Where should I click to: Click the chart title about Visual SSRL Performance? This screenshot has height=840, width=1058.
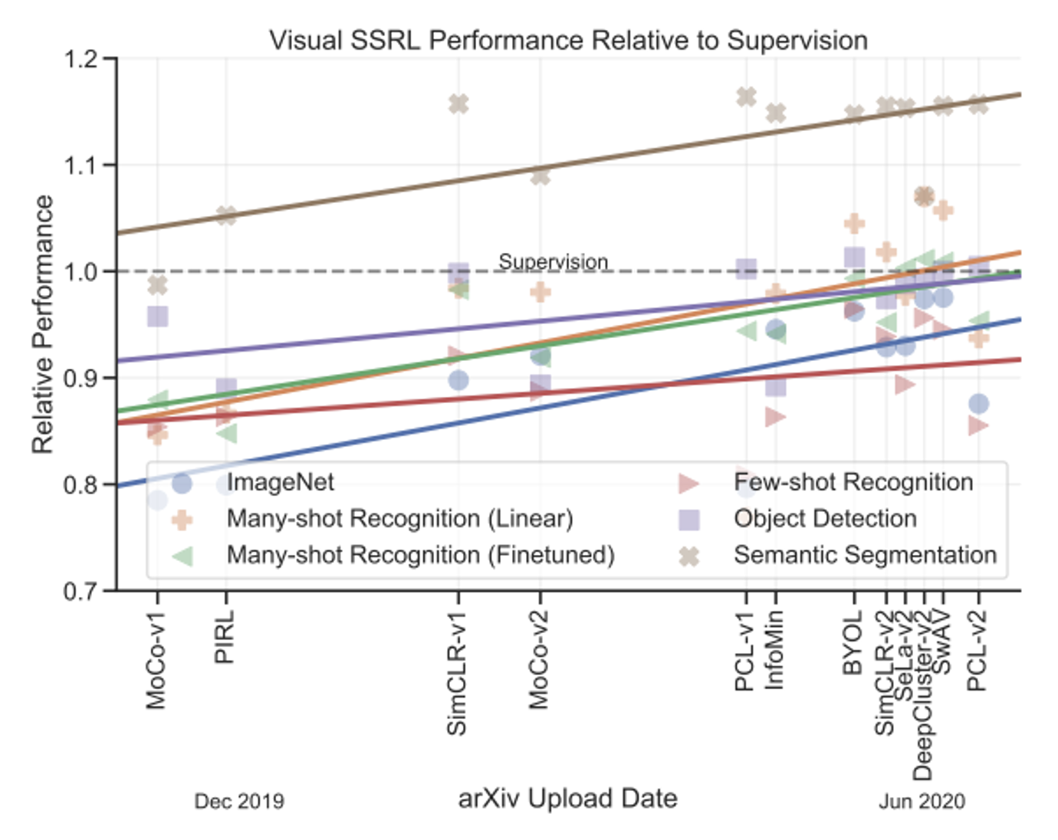(568, 40)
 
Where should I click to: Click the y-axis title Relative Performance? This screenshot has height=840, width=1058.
(43, 324)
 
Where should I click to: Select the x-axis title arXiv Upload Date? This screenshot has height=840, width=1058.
(567, 799)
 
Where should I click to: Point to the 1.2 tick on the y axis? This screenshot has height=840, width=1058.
(81, 59)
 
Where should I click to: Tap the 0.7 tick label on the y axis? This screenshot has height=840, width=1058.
(81, 591)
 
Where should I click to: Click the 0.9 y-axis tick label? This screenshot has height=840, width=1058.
(81, 378)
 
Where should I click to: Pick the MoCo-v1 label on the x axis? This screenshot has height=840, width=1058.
(156, 660)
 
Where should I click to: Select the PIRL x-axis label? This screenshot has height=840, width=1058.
(225, 637)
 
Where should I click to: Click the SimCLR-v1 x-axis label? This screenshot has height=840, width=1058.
(457, 674)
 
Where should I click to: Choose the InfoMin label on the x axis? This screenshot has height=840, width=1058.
(774, 650)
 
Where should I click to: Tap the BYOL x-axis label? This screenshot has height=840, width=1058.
(853, 643)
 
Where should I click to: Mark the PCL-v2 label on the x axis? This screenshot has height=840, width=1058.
(977, 651)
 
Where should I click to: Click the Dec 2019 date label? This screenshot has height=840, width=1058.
(239, 802)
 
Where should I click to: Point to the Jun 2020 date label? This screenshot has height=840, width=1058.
(922, 802)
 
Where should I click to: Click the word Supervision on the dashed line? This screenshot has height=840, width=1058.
(553, 261)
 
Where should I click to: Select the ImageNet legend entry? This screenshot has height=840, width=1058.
(280, 482)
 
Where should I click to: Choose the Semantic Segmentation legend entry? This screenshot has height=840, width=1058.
(865, 555)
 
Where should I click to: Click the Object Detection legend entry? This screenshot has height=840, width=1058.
(825, 519)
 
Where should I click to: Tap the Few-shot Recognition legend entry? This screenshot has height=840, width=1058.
(853, 482)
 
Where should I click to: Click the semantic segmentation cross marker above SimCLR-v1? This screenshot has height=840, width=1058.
(458, 103)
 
